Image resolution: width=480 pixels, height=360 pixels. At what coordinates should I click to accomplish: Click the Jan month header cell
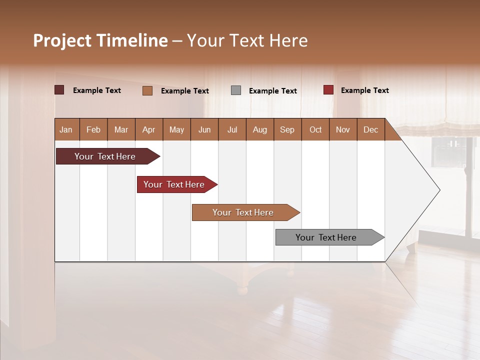click(x=66, y=129)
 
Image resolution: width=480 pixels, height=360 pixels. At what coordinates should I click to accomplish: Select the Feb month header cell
click(x=93, y=129)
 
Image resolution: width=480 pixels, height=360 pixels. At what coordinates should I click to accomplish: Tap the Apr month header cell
click(x=149, y=129)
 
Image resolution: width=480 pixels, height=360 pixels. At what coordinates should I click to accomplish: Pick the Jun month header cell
click(x=204, y=129)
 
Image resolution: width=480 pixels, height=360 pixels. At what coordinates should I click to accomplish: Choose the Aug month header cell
click(x=260, y=129)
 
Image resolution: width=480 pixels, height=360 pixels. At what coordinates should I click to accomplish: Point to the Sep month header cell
click(x=287, y=129)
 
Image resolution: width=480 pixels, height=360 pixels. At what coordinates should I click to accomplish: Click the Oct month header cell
click(x=315, y=129)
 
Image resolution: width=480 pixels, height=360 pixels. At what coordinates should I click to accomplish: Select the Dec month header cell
click(x=371, y=129)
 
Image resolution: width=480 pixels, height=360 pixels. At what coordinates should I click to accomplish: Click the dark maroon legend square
click(x=59, y=90)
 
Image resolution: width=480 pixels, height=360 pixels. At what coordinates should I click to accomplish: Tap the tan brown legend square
click(x=147, y=90)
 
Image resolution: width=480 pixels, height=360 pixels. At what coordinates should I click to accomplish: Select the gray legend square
click(x=236, y=90)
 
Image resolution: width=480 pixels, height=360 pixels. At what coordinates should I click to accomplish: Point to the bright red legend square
click(x=328, y=90)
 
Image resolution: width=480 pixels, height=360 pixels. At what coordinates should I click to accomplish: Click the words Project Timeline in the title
click(x=100, y=40)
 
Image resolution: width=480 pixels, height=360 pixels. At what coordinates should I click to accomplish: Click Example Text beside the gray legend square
click(x=273, y=90)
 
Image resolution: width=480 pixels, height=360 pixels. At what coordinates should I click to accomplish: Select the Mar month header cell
click(x=121, y=129)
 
